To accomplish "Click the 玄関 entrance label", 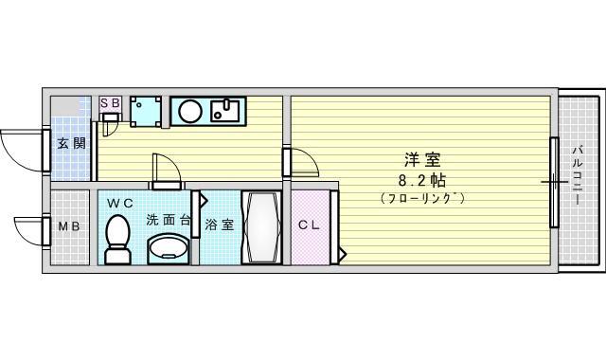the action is click(x=71, y=143).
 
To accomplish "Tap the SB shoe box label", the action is click(x=110, y=103).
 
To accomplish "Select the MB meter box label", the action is click(x=69, y=225).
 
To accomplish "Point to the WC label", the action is click(x=120, y=203).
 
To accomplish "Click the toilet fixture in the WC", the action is click(x=117, y=240).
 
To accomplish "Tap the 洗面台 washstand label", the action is click(x=169, y=220).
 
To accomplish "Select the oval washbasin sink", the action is click(x=169, y=248).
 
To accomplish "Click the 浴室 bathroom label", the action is click(x=219, y=225).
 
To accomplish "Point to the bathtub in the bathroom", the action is click(x=261, y=227).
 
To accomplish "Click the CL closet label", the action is click(x=309, y=225).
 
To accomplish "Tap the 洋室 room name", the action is click(x=422, y=159).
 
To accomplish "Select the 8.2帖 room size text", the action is click(x=421, y=180).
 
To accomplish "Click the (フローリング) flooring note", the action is click(x=422, y=198).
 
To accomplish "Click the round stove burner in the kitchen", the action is click(x=190, y=112).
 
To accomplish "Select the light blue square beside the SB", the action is click(x=146, y=112).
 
